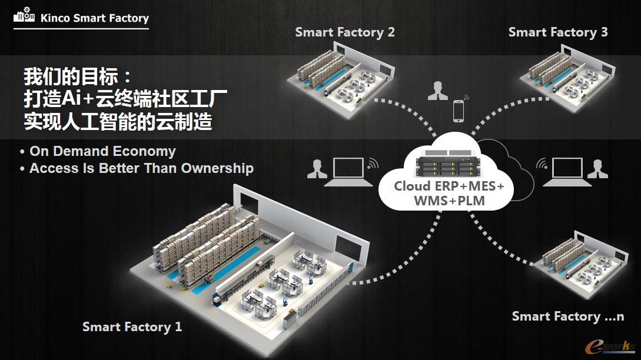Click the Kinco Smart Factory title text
click(x=94, y=18)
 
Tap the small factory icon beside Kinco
click(x=24, y=17)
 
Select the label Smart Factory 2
click(x=345, y=32)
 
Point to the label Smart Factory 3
click(x=557, y=32)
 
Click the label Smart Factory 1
click(x=132, y=326)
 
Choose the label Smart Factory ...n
click(x=567, y=316)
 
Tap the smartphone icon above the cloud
click(x=458, y=111)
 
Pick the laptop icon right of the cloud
click(x=564, y=171)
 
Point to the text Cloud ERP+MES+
click(x=449, y=186)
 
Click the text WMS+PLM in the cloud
click(x=449, y=201)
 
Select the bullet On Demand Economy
click(x=102, y=151)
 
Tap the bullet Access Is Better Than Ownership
click(x=141, y=168)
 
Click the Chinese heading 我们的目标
click(x=78, y=76)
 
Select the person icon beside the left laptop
click(x=317, y=168)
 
